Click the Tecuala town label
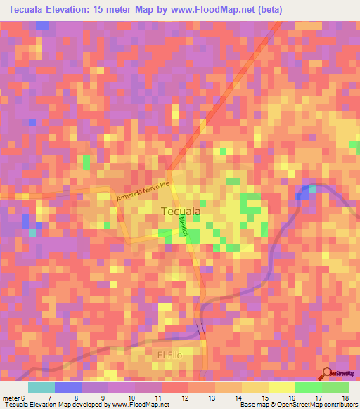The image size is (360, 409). click(181, 211)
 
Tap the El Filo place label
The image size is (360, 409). click(169, 356)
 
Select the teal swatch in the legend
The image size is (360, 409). click(41, 387)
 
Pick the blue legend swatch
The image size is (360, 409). click(68, 387)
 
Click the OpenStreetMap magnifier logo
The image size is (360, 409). click(328, 373)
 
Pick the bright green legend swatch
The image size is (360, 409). click(308, 387)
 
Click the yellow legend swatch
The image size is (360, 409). click(281, 387)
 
